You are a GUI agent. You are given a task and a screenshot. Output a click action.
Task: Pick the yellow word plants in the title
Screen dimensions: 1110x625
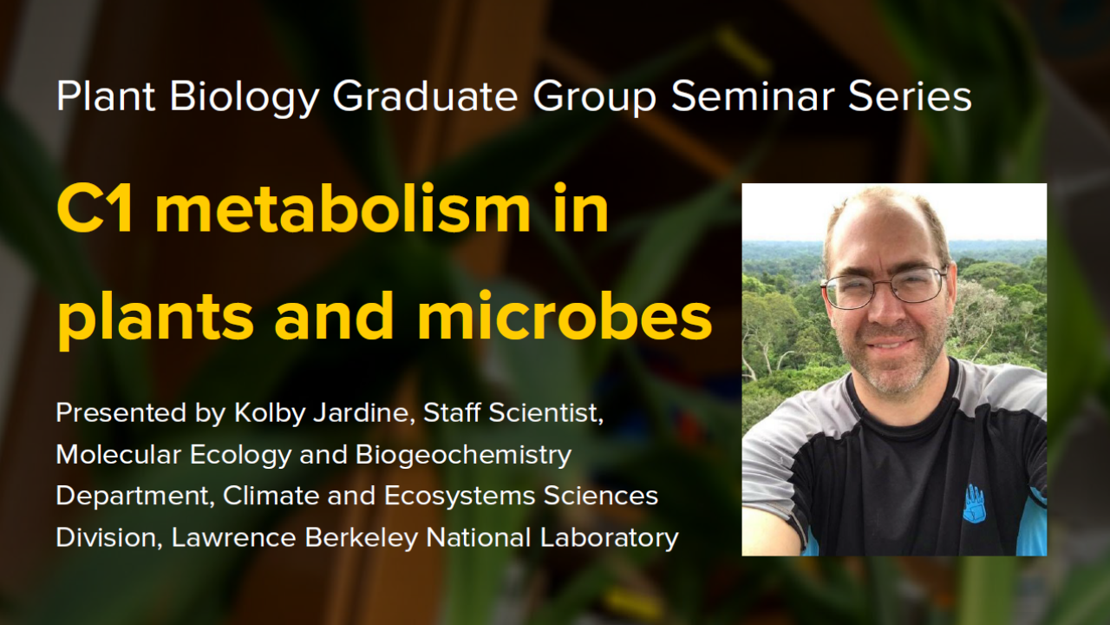[x=155, y=321]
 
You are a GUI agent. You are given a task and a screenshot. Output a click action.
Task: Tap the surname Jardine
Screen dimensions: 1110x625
[x=363, y=413]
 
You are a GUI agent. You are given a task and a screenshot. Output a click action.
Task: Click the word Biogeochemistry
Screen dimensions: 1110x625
[x=463, y=456]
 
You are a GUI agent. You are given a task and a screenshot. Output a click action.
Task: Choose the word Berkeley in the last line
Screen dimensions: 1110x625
[x=362, y=537]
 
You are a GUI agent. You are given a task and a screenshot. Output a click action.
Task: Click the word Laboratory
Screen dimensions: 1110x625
[x=609, y=538]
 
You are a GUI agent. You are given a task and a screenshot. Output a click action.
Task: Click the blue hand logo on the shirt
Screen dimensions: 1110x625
[x=974, y=504]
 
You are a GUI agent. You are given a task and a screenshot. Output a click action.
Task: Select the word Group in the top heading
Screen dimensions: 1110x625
[x=595, y=98]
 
